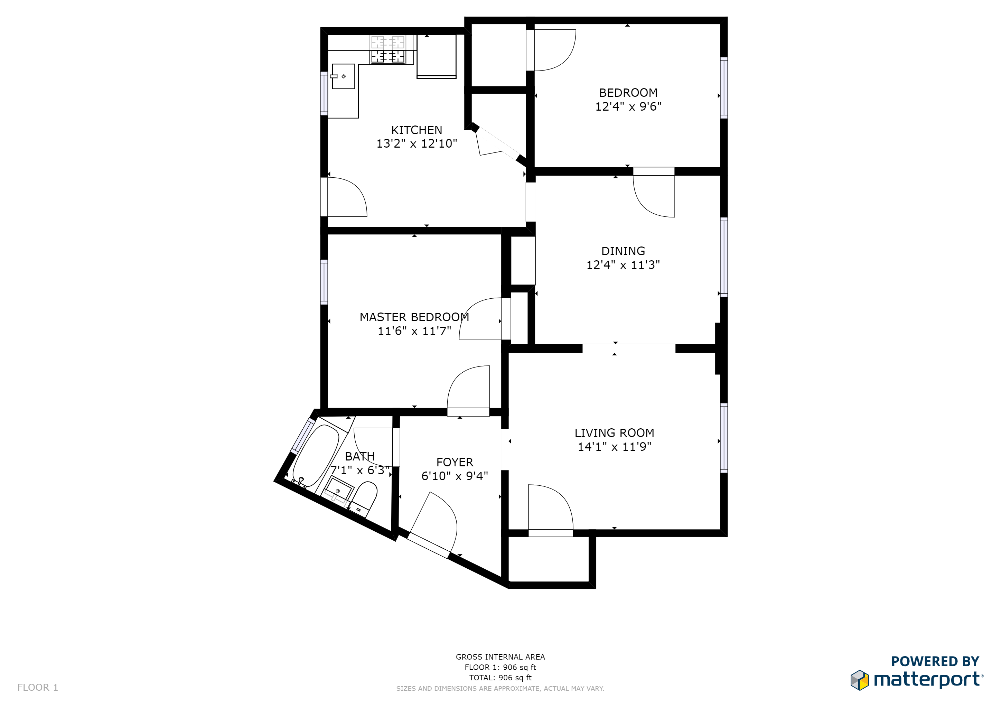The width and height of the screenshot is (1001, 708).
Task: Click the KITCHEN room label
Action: (417, 130)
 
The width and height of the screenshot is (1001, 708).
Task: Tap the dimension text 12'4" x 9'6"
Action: (628, 107)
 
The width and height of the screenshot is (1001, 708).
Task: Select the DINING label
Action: (623, 251)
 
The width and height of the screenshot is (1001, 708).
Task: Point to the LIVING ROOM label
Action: (614, 433)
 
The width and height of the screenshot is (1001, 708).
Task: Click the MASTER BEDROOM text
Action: (414, 317)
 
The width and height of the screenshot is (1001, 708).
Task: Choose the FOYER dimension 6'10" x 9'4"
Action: (454, 476)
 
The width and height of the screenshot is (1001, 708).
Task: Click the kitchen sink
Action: (343, 77)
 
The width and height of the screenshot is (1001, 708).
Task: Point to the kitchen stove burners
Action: (387, 56)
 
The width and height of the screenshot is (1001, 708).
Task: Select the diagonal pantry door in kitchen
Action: (497, 144)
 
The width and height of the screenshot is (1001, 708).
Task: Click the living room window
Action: (723, 438)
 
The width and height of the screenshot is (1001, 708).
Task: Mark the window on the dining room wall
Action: (723, 257)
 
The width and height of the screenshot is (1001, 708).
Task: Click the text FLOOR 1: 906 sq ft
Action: (500, 667)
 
